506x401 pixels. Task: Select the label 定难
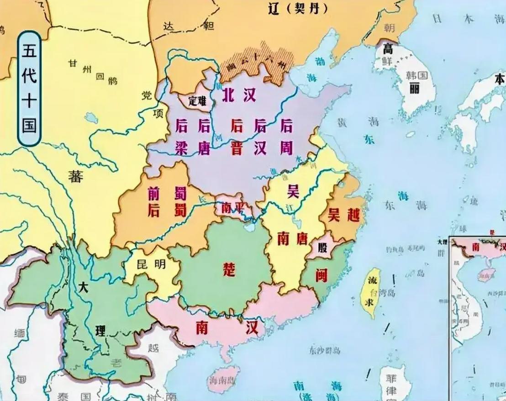tap(197, 101)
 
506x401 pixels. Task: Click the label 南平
tap(232, 208)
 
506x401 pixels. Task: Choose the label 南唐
tap(292, 238)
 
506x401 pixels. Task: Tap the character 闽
tap(322, 275)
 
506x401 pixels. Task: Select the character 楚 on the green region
tap(229, 270)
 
